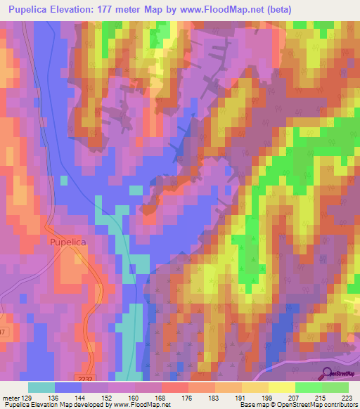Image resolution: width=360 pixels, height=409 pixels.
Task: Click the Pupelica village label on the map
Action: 69,241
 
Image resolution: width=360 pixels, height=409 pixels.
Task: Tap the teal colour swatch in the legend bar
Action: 41,387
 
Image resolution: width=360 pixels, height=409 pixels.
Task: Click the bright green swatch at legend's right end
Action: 335,387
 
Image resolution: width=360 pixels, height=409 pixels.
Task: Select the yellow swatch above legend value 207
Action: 281,387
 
